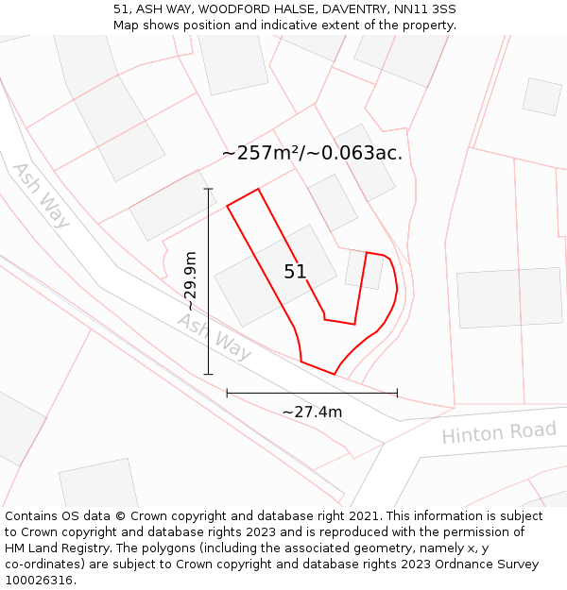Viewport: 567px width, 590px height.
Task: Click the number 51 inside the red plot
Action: point(295,272)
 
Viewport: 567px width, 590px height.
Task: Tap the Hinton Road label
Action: point(499,433)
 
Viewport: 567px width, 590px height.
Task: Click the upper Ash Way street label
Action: point(41,195)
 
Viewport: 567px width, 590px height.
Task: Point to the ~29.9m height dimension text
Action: point(191,281)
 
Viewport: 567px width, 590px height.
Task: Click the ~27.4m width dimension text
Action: point(312,412)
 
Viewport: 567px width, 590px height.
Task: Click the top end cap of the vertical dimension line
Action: point(208,189)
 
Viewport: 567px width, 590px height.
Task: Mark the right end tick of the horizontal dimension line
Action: point(397,393)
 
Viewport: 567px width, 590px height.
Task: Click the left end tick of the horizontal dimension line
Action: point(227,393)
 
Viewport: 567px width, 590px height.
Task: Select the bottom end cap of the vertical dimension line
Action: point(208,375)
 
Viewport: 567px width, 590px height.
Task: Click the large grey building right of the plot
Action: point(509,297)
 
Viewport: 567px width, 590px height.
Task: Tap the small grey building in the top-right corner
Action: point(541,96)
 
